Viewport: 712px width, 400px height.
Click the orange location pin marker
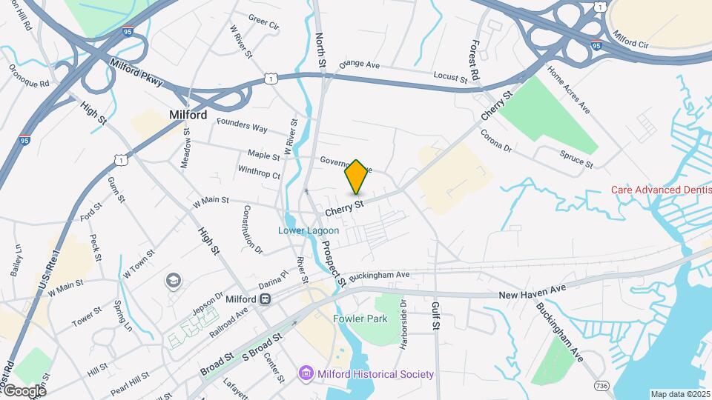[x=357, y=177]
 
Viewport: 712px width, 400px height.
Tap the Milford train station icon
[x=265, y=299]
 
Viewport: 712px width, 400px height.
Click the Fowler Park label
[x=360, y=319]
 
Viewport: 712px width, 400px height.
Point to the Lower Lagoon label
[x=309, y=230]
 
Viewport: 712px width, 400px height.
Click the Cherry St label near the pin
[x=346, y=207]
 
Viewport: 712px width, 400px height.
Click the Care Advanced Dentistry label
[x=660, y=190]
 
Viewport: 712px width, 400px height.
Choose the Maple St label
[x=263, y=156]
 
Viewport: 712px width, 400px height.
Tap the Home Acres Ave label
[x=569, y=90]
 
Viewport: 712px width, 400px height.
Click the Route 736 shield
[x=601, y=386]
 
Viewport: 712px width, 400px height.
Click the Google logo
[x=24, y=390]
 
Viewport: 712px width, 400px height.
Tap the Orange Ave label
[x=359, y=64]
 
